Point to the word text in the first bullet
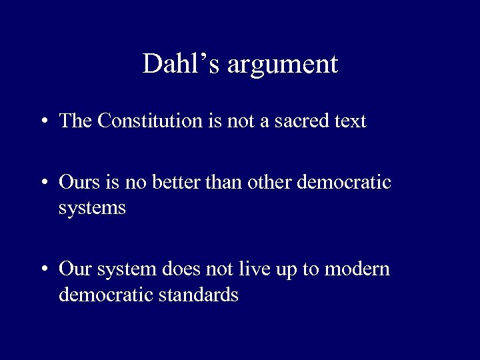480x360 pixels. point(348,121)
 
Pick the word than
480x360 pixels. point(223,182)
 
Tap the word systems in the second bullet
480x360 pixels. point(92,209)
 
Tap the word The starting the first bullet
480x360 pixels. point(75,121)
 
